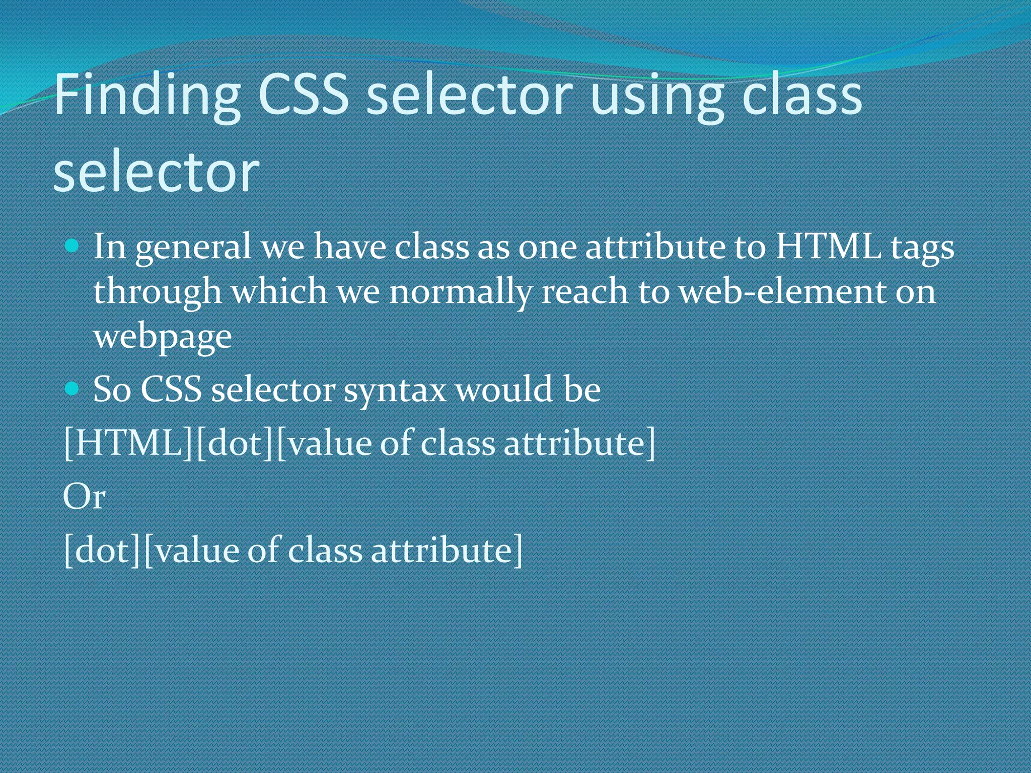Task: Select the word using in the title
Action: tap(656, 96)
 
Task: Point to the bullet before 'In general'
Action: tap(72, 246)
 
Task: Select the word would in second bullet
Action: tap(504, 390)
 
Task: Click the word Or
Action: tap(84, 497)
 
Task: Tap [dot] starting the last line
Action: tap(103, 550)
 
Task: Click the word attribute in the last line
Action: tap(441, 550)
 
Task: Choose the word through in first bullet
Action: tap(158, 292)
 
